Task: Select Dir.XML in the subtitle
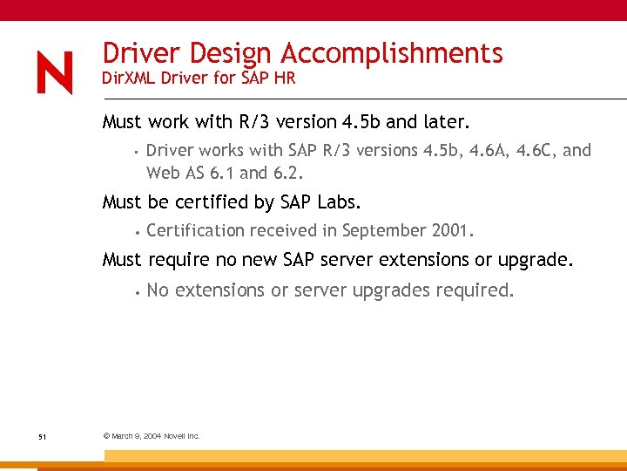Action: (131, 78)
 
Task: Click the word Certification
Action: (196, 231)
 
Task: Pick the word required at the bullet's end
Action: (477, 290)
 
